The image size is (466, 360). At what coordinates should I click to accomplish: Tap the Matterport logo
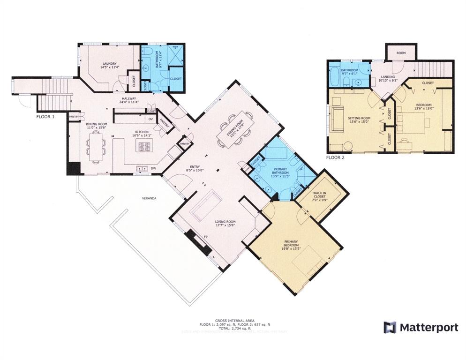coord(421,327)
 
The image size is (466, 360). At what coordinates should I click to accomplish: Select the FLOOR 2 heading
coord(336,157)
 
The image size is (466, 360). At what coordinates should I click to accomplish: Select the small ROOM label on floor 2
coord(400,53)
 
